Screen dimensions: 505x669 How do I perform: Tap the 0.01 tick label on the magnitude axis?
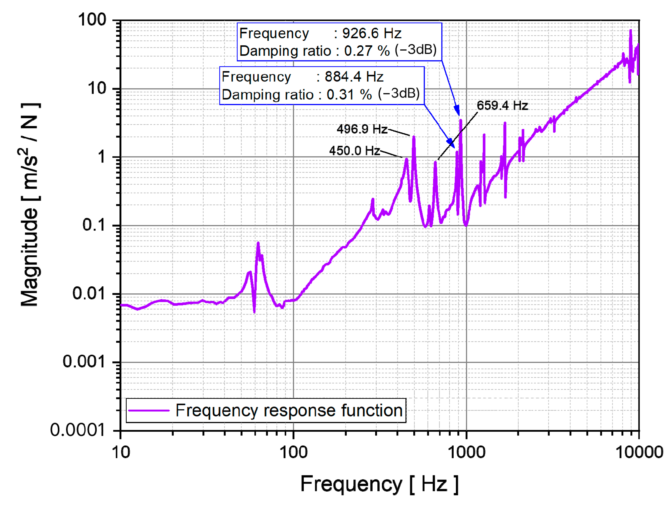88,293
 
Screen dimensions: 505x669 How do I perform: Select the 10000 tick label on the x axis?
639,453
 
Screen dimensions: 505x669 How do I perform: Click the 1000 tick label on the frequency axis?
466,453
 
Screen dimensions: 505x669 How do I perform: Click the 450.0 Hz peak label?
354,151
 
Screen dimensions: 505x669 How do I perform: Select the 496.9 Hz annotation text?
362,129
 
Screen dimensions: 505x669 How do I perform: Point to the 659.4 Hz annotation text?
502,105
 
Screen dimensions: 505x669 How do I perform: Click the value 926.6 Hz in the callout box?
372,33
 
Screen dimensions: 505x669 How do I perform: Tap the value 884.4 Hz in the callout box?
354,77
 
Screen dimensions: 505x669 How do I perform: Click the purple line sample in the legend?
149,410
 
